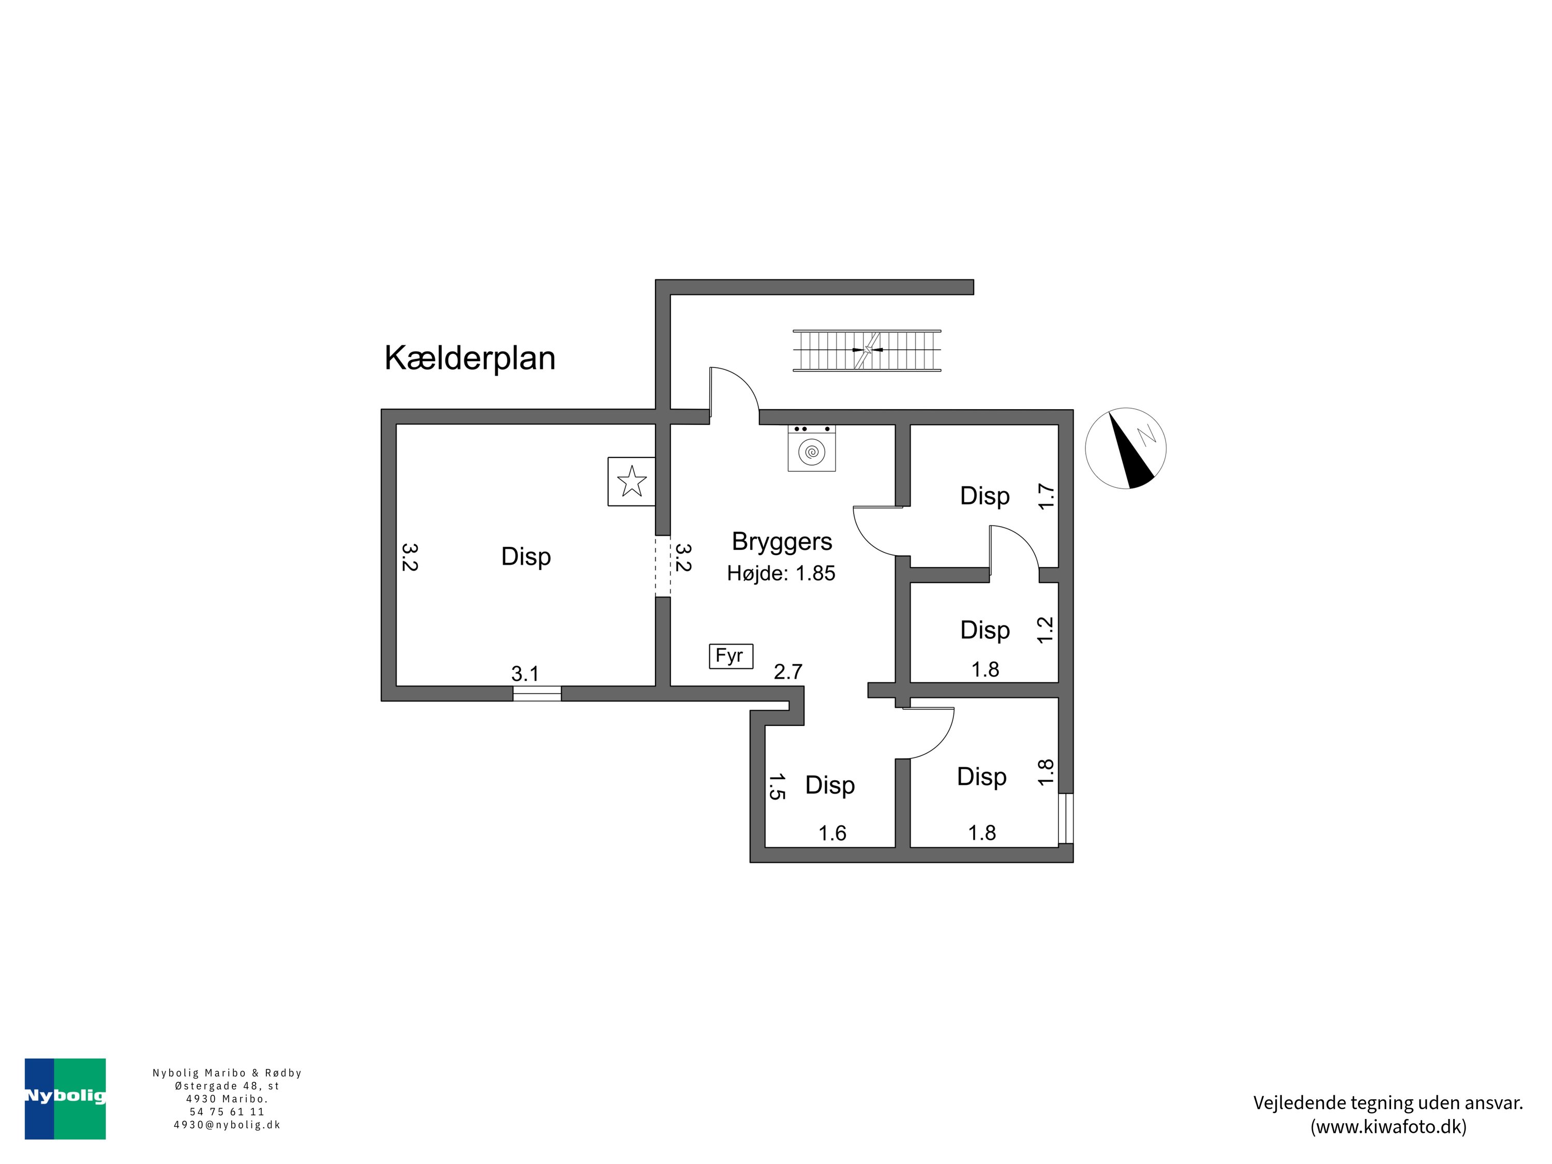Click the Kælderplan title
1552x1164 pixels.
pyautogui.click(x=469, y=358)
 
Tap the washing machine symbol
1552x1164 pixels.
pyautogui.click(x=811, y=450)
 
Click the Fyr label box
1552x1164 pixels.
pyautogui.click(x=730, y=656)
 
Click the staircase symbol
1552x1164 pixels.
pyautogui.click(x=867, y=350)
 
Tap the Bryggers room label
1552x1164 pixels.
pyautogui.click(x=782, y=541)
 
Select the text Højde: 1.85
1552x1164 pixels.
pyautogui.click(x=781, y=573)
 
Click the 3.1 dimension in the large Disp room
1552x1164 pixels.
pyautogui.click(x=525, y=674)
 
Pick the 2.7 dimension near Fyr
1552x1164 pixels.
pyautogui.click(x=787, y=671)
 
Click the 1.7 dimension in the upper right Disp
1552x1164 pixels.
pyautogui.click(x=1046, y=496)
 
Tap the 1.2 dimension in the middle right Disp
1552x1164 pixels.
pyautogui.click(x=1046, y=630)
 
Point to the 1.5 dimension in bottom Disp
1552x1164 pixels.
pyautogui.click(x=775, y=786)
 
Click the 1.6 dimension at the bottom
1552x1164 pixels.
pyautogui.click(x=832, y=833)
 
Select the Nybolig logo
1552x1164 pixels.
pyautogui.click(x=65, y=1099)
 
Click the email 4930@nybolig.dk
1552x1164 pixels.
pyautogui.click(x=227, y=1125)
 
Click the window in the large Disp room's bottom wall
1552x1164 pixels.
pyautogui.click(x=537, y=693)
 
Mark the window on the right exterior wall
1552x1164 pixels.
pyautogui.click(x=1066, y=818)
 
